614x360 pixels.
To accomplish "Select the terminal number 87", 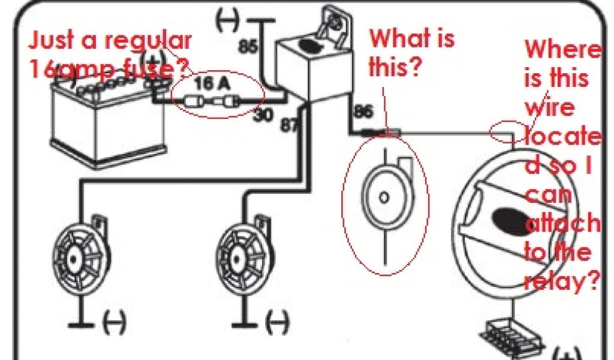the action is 288,124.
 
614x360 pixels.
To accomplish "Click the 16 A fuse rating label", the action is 213,84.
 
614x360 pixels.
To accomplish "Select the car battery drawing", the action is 108,120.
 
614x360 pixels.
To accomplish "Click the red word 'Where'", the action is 562,50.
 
